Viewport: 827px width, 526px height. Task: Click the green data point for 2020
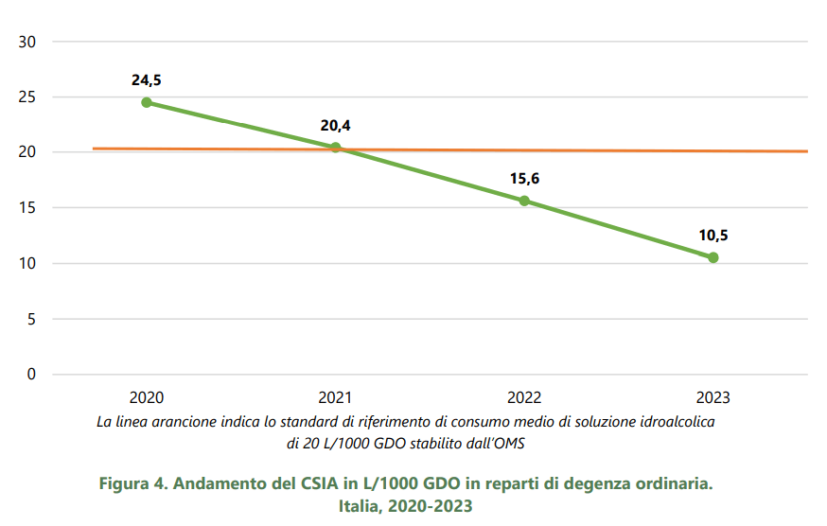(147, 102)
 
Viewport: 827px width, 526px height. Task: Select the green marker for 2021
(335, 148)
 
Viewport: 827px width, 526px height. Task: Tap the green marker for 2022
(524, 201)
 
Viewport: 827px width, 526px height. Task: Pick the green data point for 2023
(713, 257)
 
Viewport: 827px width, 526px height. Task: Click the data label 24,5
(147, 80)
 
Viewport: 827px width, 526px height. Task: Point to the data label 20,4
(335, 125)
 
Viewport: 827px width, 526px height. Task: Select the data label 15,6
(524, 179)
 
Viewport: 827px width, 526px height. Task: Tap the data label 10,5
(713, 236)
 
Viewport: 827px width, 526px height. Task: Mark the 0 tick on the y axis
(31, 375)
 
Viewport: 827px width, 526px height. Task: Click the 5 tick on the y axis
(31, 319)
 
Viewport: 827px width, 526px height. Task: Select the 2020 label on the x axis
(147, 397)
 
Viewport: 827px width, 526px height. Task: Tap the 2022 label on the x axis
(524, 397)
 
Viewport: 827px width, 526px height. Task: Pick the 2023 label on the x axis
(713, 397)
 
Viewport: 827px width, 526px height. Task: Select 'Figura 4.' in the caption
(133, 483)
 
